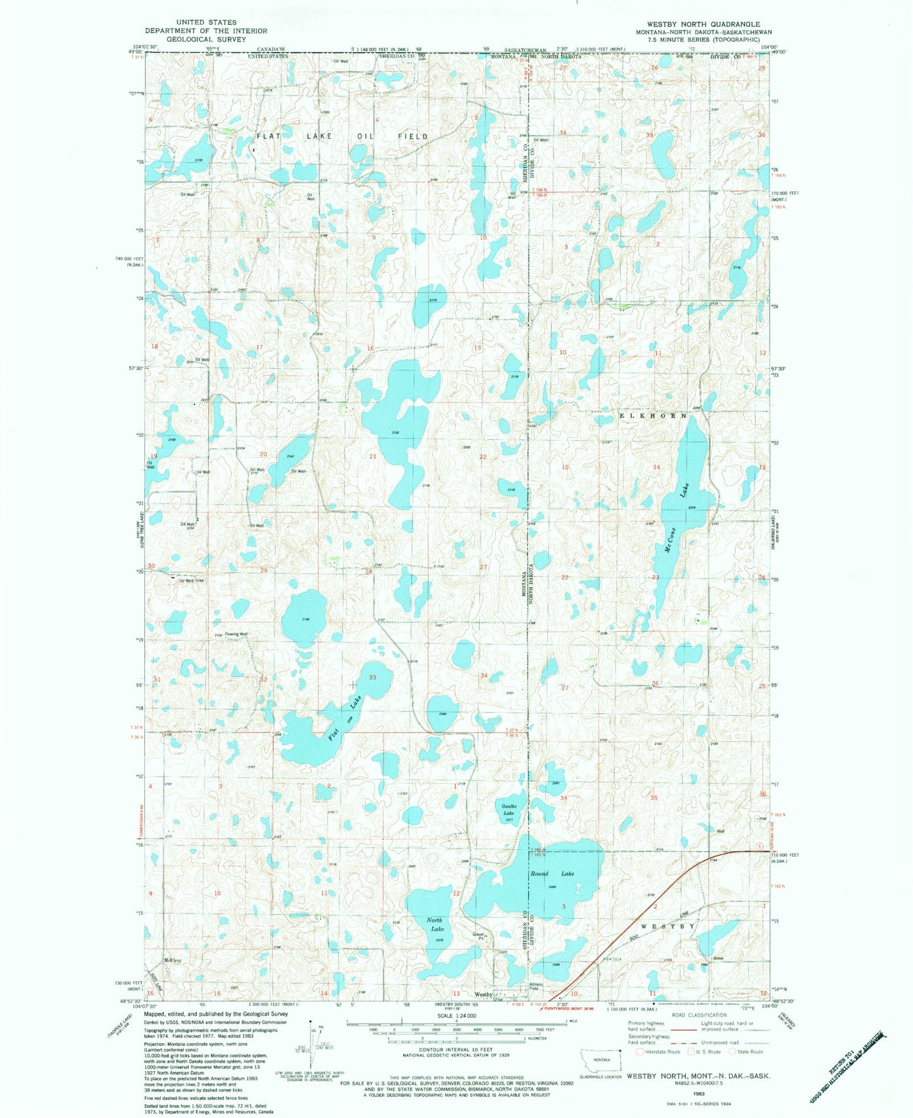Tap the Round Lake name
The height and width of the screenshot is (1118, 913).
point(552,873)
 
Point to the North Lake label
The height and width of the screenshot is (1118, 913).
point(434,924)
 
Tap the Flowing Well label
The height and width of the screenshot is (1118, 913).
point(236,634)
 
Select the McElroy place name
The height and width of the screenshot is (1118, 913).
point(172,960)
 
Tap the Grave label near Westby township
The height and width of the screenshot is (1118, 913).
point(718,959)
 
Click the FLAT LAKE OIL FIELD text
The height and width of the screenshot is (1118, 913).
point(342,136)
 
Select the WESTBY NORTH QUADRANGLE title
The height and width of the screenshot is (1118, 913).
point(694,24)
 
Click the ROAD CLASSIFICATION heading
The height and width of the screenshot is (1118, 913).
point(699,1015)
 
